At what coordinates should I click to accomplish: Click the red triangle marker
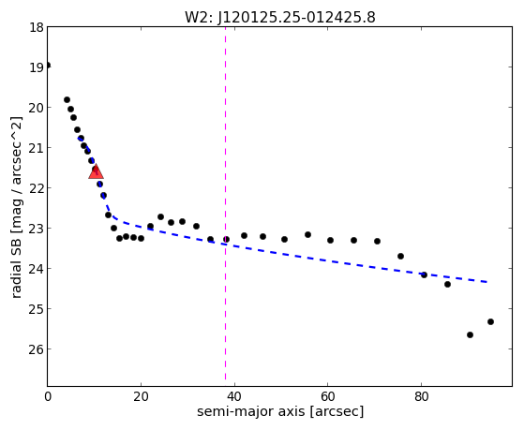pos(96,171)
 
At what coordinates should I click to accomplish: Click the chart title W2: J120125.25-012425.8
pos(280,18)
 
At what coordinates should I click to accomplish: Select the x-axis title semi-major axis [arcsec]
pos(280,411)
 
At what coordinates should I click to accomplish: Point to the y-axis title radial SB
pos(16,263)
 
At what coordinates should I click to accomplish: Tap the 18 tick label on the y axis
pos(37,27)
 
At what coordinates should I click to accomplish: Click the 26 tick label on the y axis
pos(37,349)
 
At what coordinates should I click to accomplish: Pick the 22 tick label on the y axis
pos(37,188)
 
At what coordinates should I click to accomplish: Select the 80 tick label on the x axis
pos(422,396)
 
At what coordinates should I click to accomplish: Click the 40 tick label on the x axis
pos(234,396)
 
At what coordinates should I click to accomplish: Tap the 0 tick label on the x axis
pos(48,396)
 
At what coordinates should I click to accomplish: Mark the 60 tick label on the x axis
pos(328,396)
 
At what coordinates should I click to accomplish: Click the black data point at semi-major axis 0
pos(48,66)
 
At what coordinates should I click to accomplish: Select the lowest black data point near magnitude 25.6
pos(470,334)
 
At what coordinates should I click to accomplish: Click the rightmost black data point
pos(490,321)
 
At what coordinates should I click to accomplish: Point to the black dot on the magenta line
pos(226,239)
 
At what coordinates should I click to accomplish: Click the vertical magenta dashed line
pos(225,203)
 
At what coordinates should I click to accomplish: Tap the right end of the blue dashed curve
pos(487,282)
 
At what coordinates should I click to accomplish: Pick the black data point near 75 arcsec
pos(400,257)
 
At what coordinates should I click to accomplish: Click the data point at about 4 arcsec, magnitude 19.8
pos(67,99)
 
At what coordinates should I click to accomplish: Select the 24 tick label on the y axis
pos(37,269)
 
